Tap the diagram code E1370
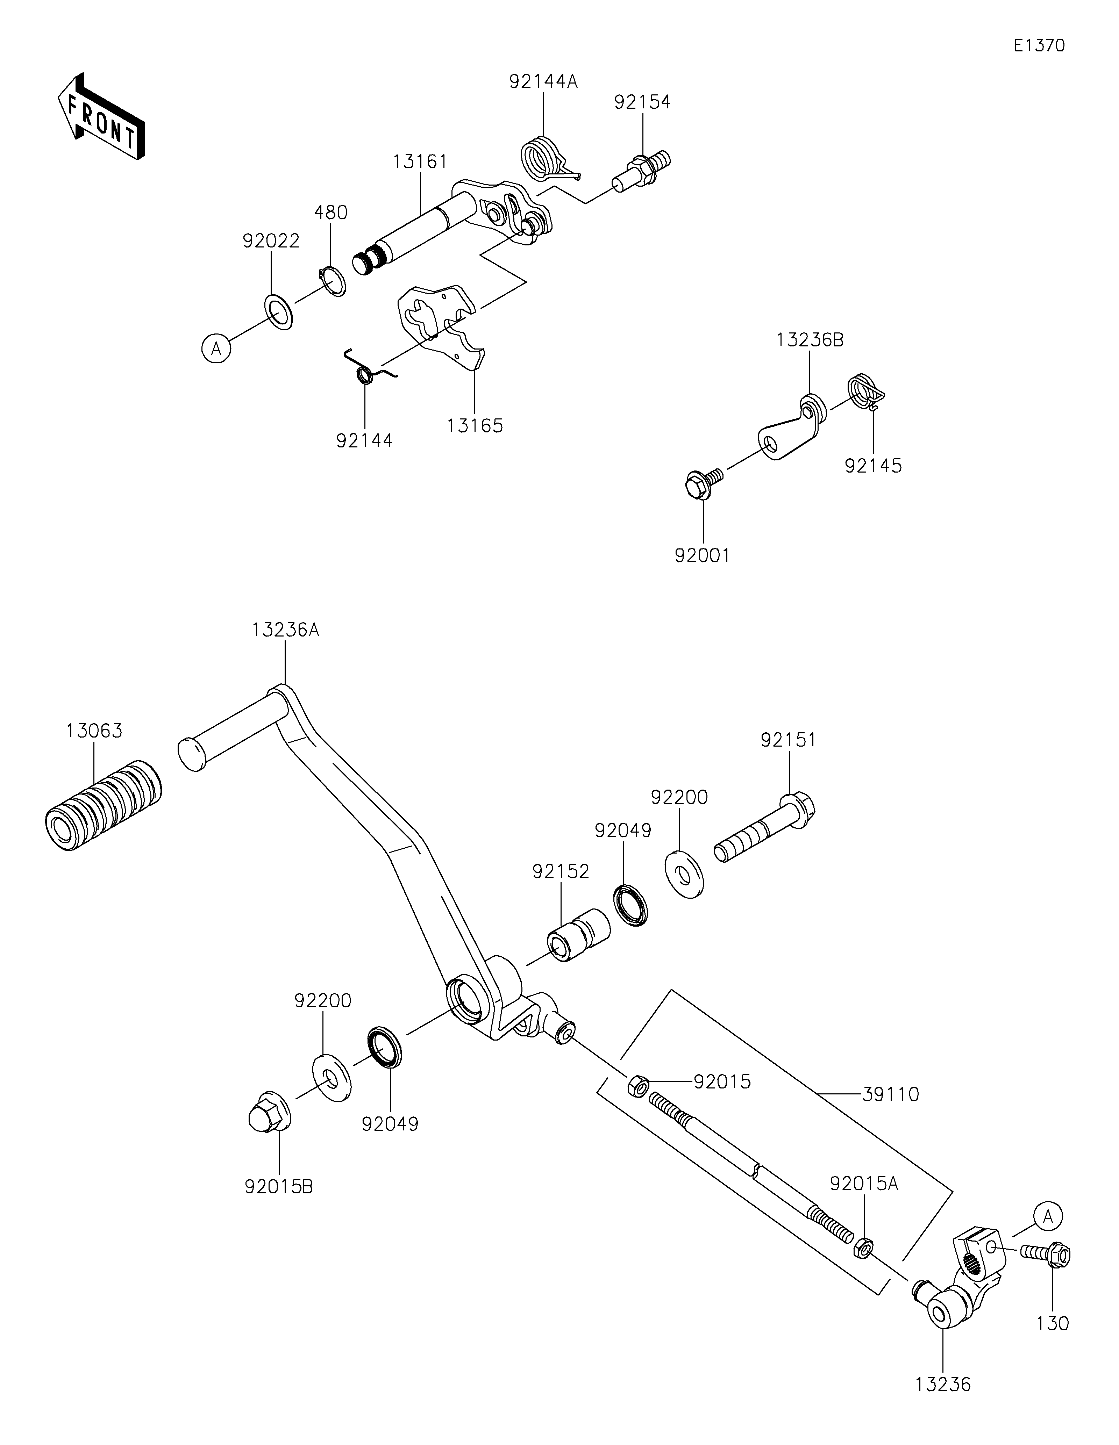(x=1039, y=46)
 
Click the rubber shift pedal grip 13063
(x=103, y=805)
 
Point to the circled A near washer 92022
(x=216, y=348)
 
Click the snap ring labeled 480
(x=332, y=281)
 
